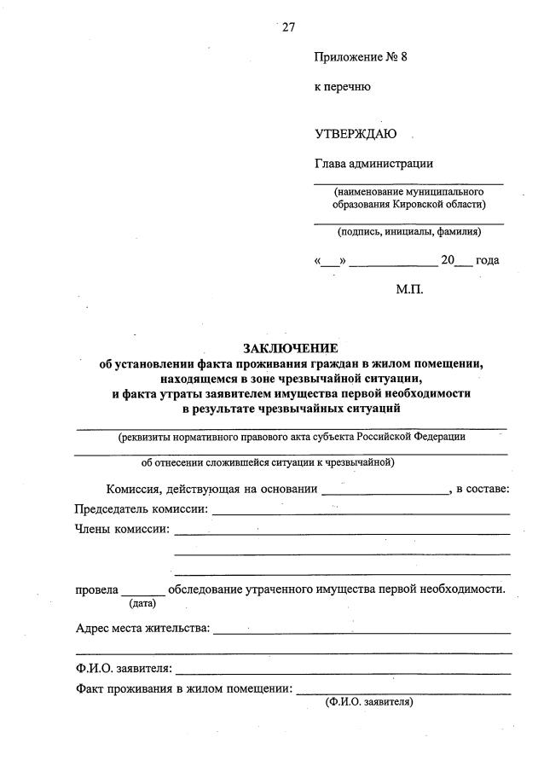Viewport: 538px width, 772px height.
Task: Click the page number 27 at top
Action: pyautogui.click(x=288, y=26)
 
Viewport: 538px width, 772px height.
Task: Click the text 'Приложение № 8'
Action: pyautogui.click(x=362, y=58)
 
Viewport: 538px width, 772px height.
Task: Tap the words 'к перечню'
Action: pyautogui.click(x=342, y=86)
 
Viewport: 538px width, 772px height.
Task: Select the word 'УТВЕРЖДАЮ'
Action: pyautogui.click(x=356, y=134)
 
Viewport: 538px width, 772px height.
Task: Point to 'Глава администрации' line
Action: pyautogui.click(x=373, y=164)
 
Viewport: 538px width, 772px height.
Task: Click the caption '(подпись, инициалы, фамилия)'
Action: pyautogui.click(x=408, y=231)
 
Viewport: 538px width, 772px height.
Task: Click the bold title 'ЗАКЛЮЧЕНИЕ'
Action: pyautogui.click(x=291, y=348)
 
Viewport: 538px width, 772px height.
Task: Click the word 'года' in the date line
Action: pyautogui.click(x=488, y=260)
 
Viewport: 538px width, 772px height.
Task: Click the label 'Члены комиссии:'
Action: pyautogui.click(x=122, y=529)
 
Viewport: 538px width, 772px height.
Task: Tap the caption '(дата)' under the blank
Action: pyautogui.click(x=142, y=604)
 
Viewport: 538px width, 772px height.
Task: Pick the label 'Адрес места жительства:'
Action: pyautogui.click(x=142, y=629)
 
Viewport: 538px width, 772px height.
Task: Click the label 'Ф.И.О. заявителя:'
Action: pyautogui.click(x=124, y=668)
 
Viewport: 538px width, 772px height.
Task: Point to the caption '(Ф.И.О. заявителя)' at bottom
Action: pyautogui.click(x=369, y=703)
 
